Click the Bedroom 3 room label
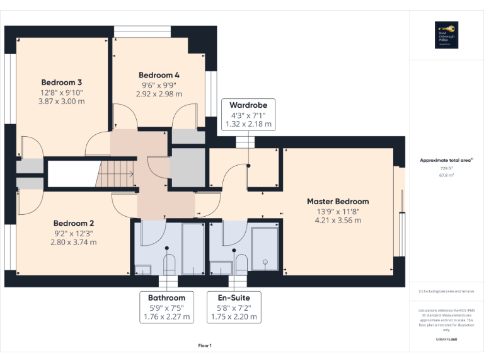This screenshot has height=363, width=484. point(62,82)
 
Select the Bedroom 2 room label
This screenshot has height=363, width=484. point(74,223)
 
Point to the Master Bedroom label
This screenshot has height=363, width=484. point(338,202)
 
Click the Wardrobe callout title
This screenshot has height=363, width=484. point(248,105)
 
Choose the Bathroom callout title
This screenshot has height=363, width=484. point(166,298)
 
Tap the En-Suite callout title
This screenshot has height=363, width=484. point(234,298)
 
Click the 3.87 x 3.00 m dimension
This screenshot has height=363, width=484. point(62,101)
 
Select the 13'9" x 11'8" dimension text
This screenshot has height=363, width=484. point(338,211)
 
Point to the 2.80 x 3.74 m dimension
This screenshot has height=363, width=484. point(74,242)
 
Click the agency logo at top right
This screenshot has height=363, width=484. point(446,35)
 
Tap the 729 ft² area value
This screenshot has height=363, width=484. point(446,169)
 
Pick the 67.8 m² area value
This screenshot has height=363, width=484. point(446,176)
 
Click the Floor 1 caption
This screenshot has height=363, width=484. point(205,345)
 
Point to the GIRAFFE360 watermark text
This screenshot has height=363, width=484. point(446,340)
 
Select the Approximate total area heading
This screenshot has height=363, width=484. point(446,161)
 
